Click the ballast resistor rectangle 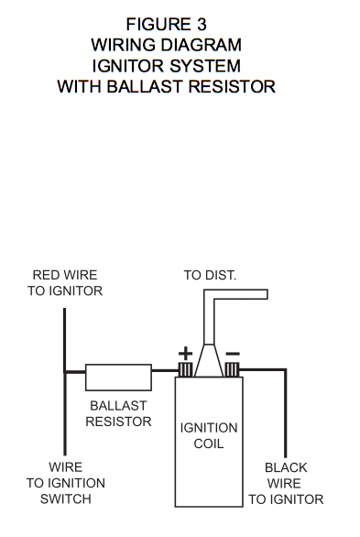[x=118, y=378]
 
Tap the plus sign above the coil [x=185, y=354]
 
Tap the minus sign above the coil [x=233, y=354]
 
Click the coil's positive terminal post [x=186, y=370]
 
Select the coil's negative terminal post [x=232, y=370]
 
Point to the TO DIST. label [x=210, y=275]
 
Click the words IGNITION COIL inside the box [x=209, y=435]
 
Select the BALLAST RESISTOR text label [x=118, y=413]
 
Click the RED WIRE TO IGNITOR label [x=65, y=283]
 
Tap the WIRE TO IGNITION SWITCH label [x=66, y=483]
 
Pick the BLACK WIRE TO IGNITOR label [x=286, y=483]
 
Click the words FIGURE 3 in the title [x=167, y=25]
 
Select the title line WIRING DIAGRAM [x=167, y=45]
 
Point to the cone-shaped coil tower [x=209, y=360]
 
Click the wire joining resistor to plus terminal [x=166, y=370]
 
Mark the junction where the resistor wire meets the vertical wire [x=65, y=371]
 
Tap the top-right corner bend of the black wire [x=286, y=370]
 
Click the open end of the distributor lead [x=267, y=294]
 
